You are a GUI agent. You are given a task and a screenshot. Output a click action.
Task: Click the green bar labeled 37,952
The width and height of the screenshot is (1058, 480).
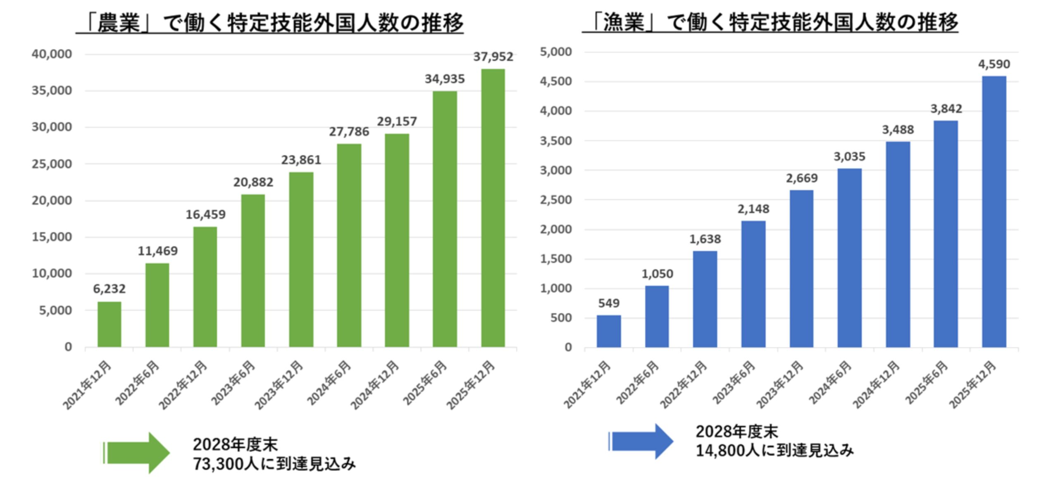coord(493,207)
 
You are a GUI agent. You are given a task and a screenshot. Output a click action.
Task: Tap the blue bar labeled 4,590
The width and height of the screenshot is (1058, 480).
coord(994,211)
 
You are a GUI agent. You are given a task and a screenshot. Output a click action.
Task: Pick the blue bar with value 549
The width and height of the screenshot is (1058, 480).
coord(608,331)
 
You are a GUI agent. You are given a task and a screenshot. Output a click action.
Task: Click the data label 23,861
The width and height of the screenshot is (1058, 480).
coord(301,160)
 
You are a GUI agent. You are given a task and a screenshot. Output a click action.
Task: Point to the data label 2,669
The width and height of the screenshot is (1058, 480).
coord(801,178)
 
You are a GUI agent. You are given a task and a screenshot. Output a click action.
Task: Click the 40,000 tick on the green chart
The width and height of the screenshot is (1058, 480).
coord(52,54)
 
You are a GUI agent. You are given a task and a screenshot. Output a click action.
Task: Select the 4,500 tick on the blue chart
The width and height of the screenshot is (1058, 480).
coord(555,82)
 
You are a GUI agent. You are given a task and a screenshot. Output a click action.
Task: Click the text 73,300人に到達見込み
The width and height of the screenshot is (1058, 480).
coord(274,464)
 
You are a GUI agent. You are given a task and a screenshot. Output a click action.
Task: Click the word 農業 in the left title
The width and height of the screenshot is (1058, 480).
coord(119,22)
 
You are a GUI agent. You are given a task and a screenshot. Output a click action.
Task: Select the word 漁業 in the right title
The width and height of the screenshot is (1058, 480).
coord(623,22)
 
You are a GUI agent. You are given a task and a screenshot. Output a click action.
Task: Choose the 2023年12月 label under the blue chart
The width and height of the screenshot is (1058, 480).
coord(780,385)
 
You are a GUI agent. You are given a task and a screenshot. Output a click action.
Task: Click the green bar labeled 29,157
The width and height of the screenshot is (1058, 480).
coord(397,240)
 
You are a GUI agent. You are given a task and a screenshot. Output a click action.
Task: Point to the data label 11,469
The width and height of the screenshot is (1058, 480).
coord(157,251)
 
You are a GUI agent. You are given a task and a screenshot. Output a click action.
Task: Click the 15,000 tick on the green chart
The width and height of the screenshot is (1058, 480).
coord(52,237)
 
